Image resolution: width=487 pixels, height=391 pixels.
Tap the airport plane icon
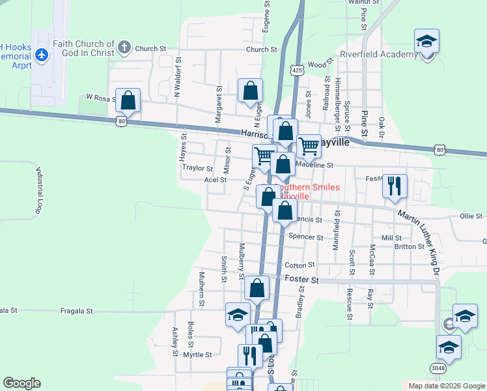click(43, 54)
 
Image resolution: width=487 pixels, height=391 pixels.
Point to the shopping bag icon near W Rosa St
click(128, 102)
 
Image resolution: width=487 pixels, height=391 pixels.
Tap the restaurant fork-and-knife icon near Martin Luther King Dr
click(395, 186)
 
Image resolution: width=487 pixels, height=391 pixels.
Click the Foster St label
click(301, 280)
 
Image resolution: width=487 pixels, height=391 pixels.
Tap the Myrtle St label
click(197, 355)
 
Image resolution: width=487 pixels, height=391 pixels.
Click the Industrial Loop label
click(38, 189)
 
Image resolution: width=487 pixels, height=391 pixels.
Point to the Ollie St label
click(470, 216)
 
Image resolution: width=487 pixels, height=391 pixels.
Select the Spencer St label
click(306, 237)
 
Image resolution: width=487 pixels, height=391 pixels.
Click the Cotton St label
click(299, 265)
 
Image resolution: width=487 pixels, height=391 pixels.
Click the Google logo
click(21, 383)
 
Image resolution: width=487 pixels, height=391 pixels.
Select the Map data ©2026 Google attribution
click(447, 386)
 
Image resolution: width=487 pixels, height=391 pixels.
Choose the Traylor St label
click(197, 167)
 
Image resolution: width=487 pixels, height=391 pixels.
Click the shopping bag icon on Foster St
click(258, 288)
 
